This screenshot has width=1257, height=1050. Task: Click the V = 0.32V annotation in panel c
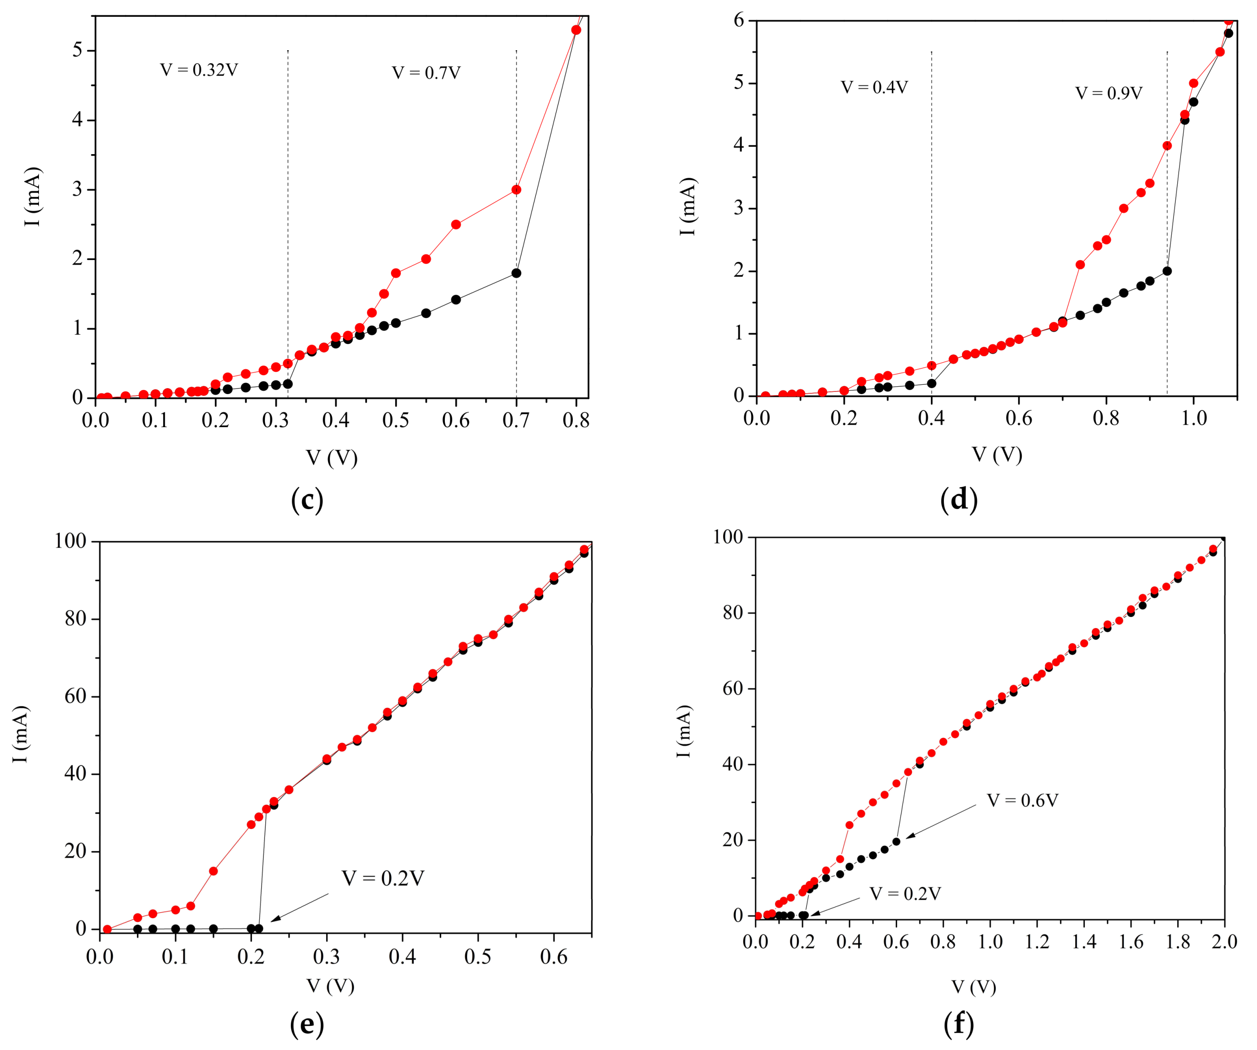pos(199,70)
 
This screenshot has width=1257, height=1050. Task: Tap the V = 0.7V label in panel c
pos(426,73)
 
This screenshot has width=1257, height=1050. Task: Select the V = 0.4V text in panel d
pos(874,87)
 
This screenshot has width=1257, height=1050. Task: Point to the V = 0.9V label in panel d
pos(1109,93)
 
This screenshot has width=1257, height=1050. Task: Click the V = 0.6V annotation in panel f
pos(1022,801)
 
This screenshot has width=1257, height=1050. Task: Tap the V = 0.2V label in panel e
pos(383,879)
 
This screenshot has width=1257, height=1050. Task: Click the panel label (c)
pos(307,499)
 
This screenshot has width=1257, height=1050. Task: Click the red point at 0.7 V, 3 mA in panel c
pos(516,190)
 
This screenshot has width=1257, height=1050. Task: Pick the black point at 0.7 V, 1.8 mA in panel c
pos(516,273)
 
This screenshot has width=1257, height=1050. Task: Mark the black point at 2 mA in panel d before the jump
pos(1167,272)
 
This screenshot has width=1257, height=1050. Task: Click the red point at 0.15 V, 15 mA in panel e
pos(213,871)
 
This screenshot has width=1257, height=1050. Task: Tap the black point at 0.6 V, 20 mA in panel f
pos(896,842)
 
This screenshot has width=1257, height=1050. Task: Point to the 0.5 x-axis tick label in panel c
pos(396,421)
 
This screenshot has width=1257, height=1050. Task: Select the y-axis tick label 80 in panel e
pos(76,619)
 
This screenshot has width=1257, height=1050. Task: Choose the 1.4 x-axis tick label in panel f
pos(1084,942)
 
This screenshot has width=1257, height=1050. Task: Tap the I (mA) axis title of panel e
pos(21,734)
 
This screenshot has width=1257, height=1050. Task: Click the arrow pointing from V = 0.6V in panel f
pos(940,821)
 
